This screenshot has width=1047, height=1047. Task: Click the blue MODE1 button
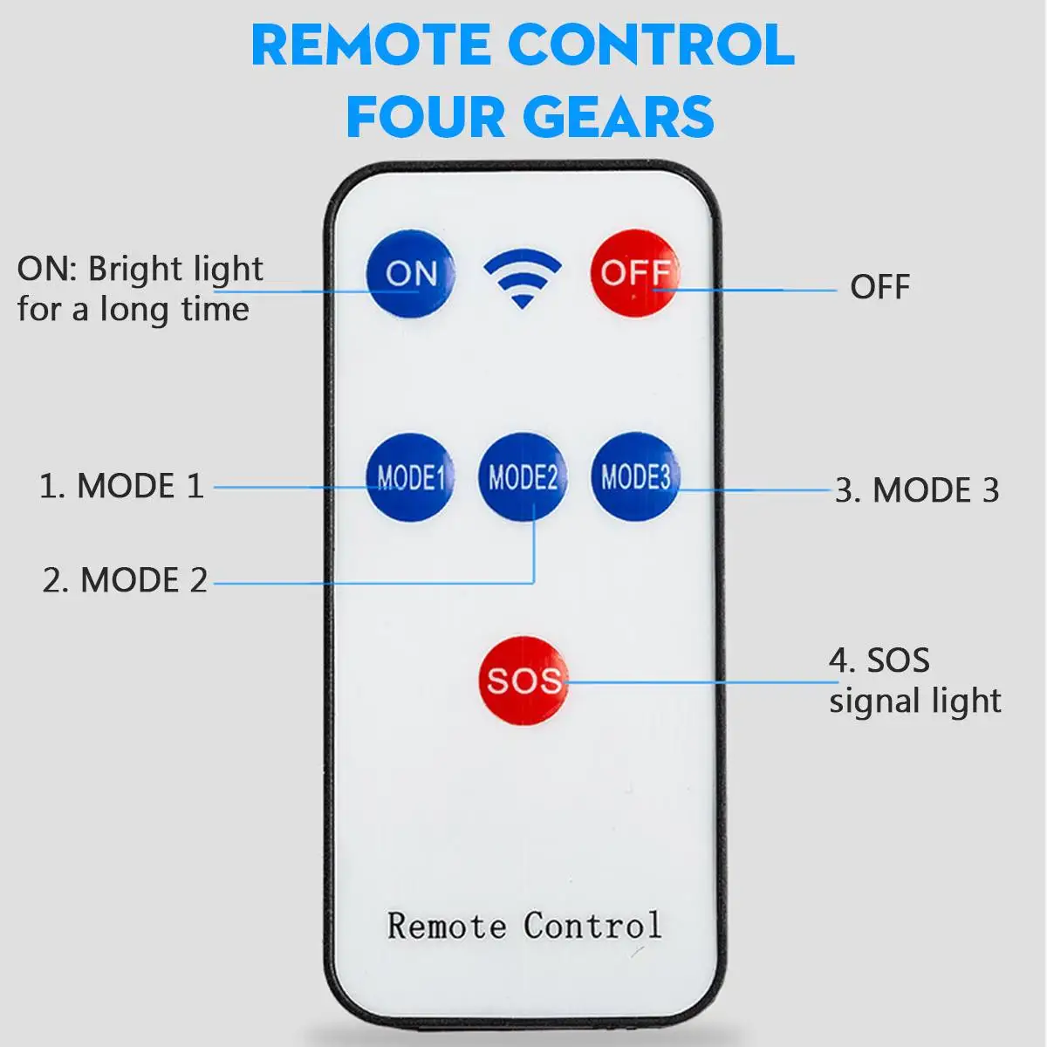click(410, 476)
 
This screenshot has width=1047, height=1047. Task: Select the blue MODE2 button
click(523, 477)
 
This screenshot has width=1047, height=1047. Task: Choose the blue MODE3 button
click(635, 476)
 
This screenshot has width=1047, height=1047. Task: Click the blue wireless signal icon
click(522, 277)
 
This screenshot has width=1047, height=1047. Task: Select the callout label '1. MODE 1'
click(121, 486)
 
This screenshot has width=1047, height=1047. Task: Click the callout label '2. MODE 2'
click(125, 580)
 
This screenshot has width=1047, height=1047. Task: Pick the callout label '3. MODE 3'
click(916, 490)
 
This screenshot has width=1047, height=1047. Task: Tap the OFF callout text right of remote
click(879, 287)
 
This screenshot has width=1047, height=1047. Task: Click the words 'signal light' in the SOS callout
click(914, 701)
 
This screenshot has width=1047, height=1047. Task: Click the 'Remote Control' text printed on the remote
click(523, 926)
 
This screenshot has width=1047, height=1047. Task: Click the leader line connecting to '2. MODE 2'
click(375, 583)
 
